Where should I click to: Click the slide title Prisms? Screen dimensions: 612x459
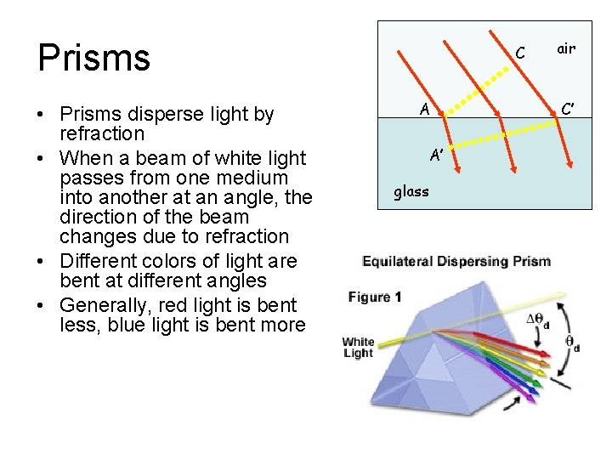click(x=94, y=57)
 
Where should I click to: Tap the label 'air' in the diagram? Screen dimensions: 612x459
click(x=566, y=48)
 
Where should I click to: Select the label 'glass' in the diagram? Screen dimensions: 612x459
click(x=411, y=191)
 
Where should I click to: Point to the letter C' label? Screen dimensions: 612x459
click(x=568, y=108)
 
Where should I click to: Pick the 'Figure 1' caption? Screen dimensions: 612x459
click(x=375, y=297)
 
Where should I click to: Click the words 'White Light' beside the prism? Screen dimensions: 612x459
click(x=358, y=348)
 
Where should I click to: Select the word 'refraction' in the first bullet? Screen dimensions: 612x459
click(x=102, y=134)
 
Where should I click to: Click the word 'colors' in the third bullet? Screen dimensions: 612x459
click(x=173, y=261)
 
